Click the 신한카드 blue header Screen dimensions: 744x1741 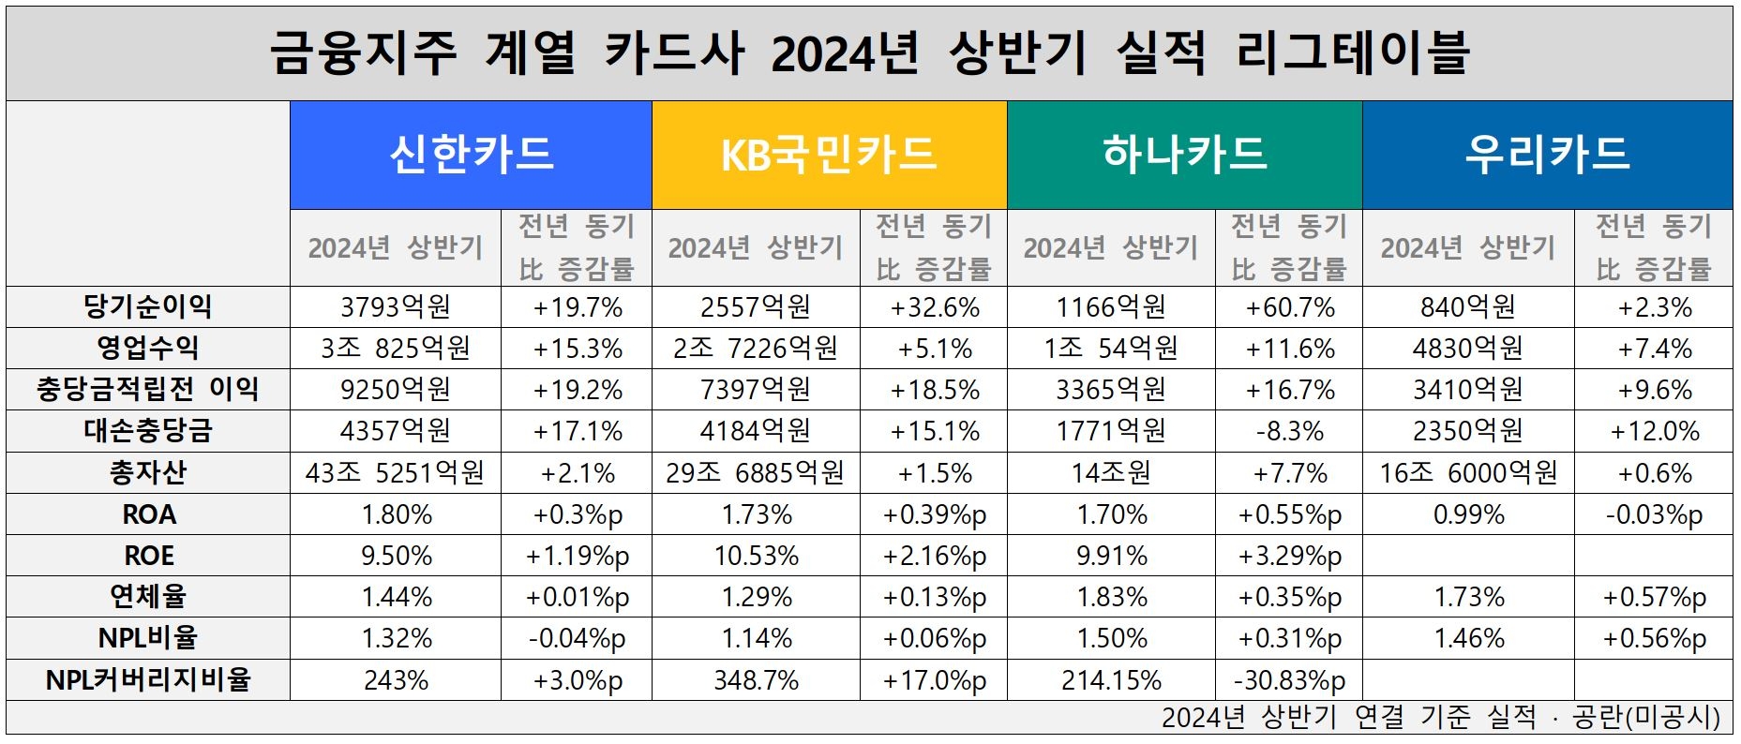point(471,155)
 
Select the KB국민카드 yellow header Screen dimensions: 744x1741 point(829,155)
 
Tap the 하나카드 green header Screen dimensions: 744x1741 point(1184,155)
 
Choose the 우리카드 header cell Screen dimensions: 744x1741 point(1547,155)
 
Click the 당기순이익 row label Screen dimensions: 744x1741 point(148,307)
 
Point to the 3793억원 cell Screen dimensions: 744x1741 point(396,307)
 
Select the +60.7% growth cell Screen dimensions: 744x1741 point(1289,307)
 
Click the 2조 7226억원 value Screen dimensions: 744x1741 point(756,349)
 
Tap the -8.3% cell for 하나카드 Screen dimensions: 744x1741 point(1289,431)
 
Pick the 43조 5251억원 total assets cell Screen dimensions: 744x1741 point(396,472)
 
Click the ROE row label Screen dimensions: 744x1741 point(148,556)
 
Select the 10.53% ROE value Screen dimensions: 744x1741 point(756,556)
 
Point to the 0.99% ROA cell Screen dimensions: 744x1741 point(1468,514)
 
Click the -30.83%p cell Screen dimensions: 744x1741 point(1289,679)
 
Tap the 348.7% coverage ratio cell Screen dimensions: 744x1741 point(756,679)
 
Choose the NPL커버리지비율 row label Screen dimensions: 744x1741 point(148,679)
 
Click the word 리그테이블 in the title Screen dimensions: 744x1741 point(1352,52)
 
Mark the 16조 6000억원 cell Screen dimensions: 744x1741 point(1468,472)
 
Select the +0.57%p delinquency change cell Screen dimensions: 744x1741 point(1654,597)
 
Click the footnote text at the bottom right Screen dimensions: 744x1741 point(1440,718)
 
